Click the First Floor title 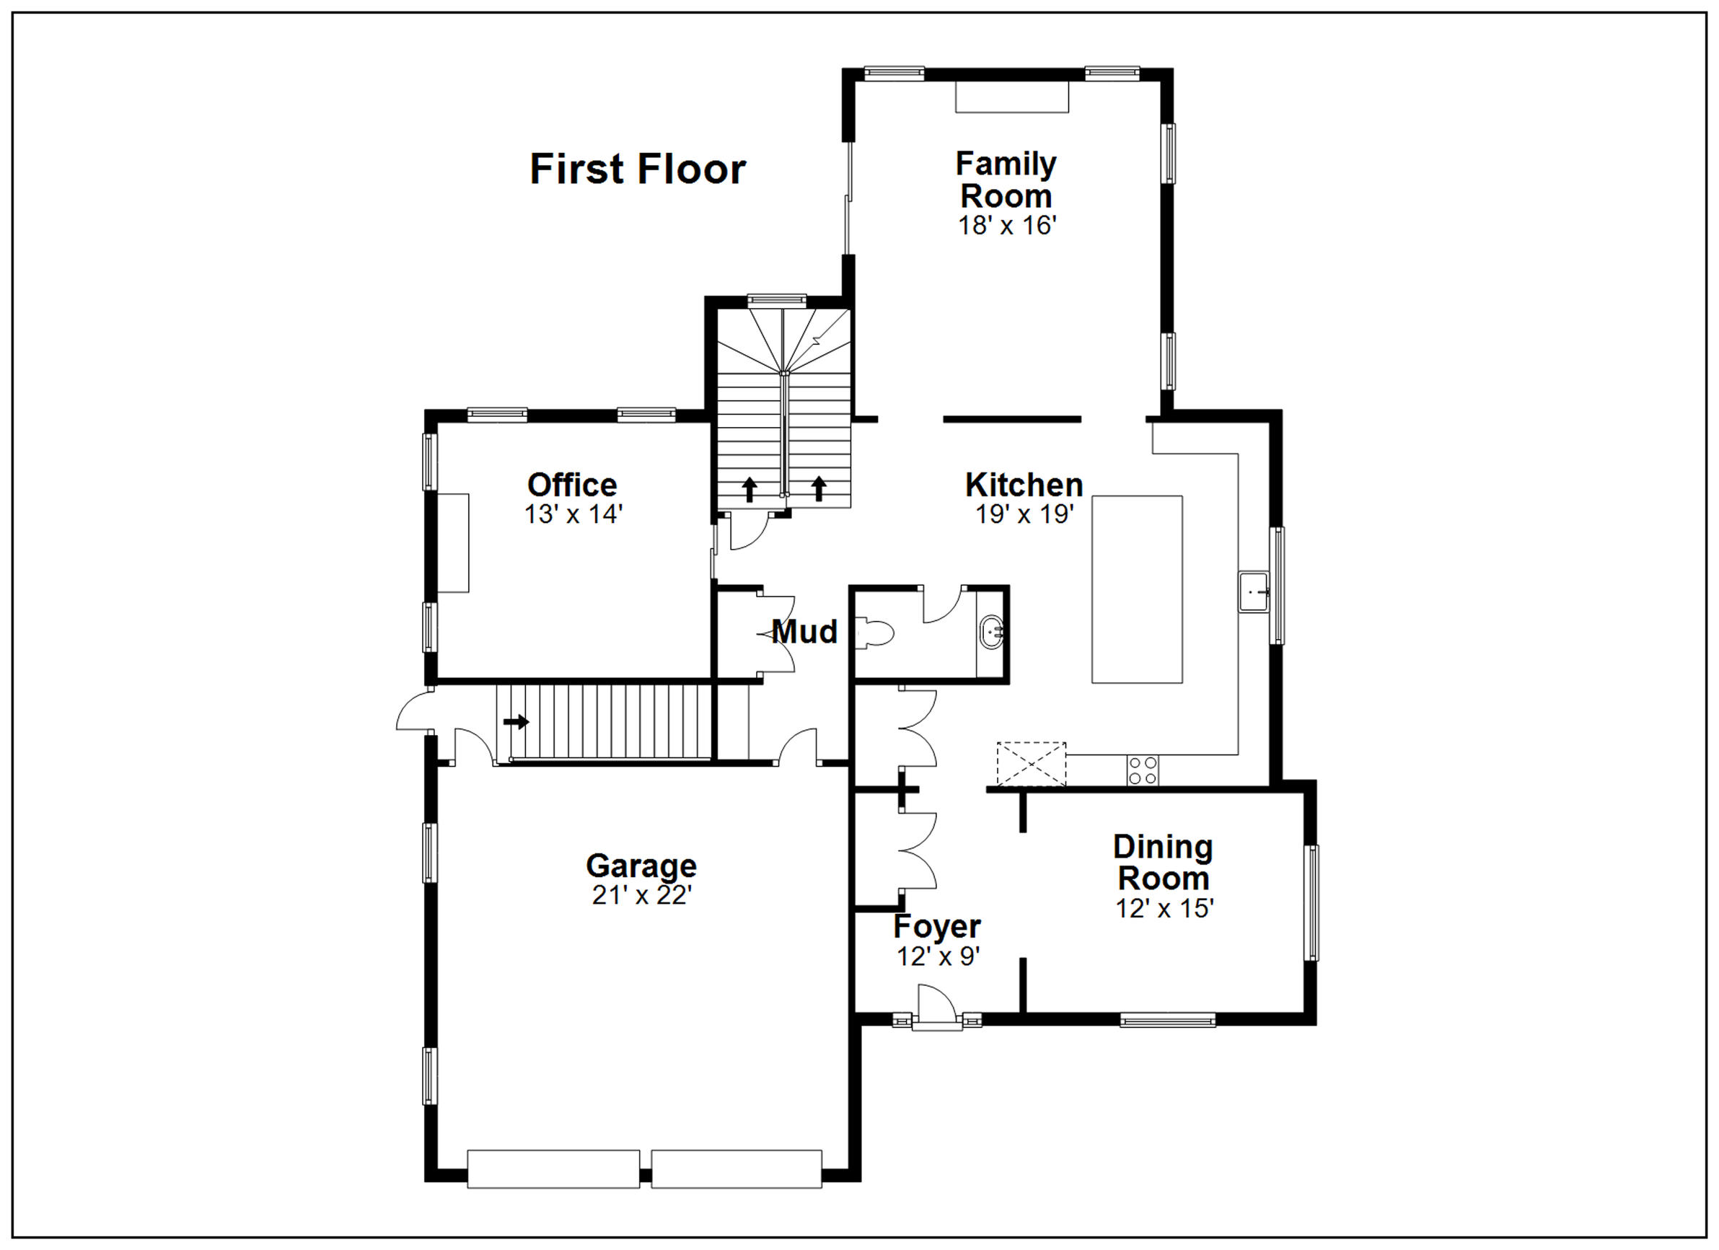638,168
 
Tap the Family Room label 1006,180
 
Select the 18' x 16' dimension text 1006,225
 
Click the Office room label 572,485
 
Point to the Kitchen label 1024,485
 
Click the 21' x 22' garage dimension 642,895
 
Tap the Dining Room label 1164,863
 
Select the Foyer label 937,926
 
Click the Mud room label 804,631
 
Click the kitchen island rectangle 1137,589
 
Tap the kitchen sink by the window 1254,592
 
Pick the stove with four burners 1142,771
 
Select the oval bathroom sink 991,632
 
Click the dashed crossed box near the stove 1031,764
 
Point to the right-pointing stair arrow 516,721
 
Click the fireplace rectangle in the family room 1012,97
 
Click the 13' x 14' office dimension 573,514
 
